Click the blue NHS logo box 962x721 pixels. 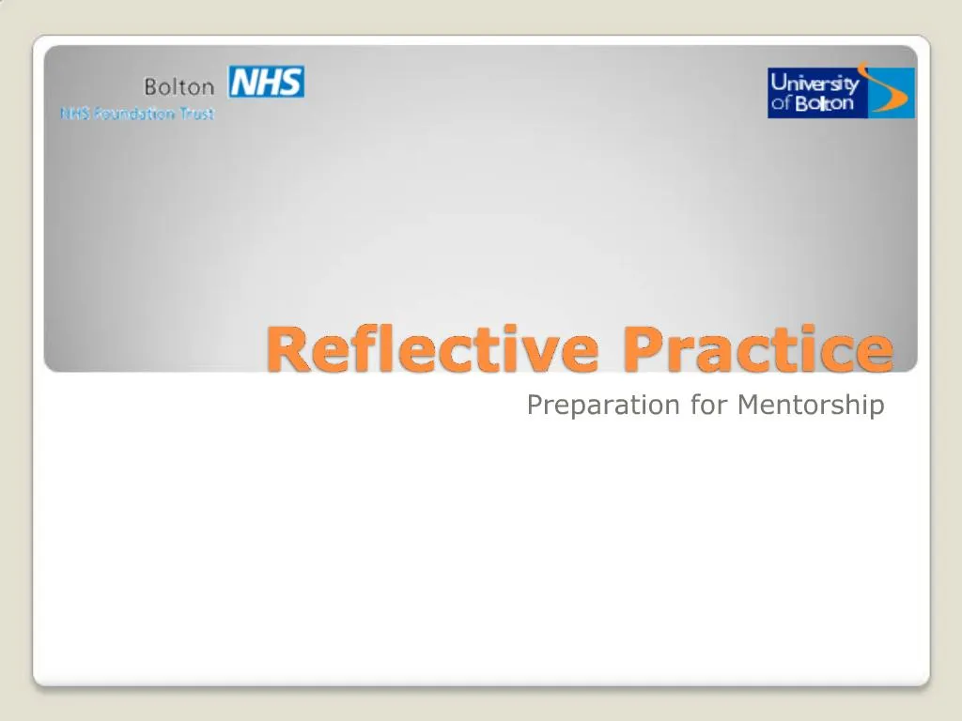(x=266, y=82)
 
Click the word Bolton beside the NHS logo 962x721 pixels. (x=178, y=86)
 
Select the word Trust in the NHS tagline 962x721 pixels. (x=197, y=114)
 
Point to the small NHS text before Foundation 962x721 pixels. (x=74, y=114)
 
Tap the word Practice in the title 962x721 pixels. (x=758, y=349)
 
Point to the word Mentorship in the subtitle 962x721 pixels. (x=811, y=405)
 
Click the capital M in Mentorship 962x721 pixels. (x=749, y=405)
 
